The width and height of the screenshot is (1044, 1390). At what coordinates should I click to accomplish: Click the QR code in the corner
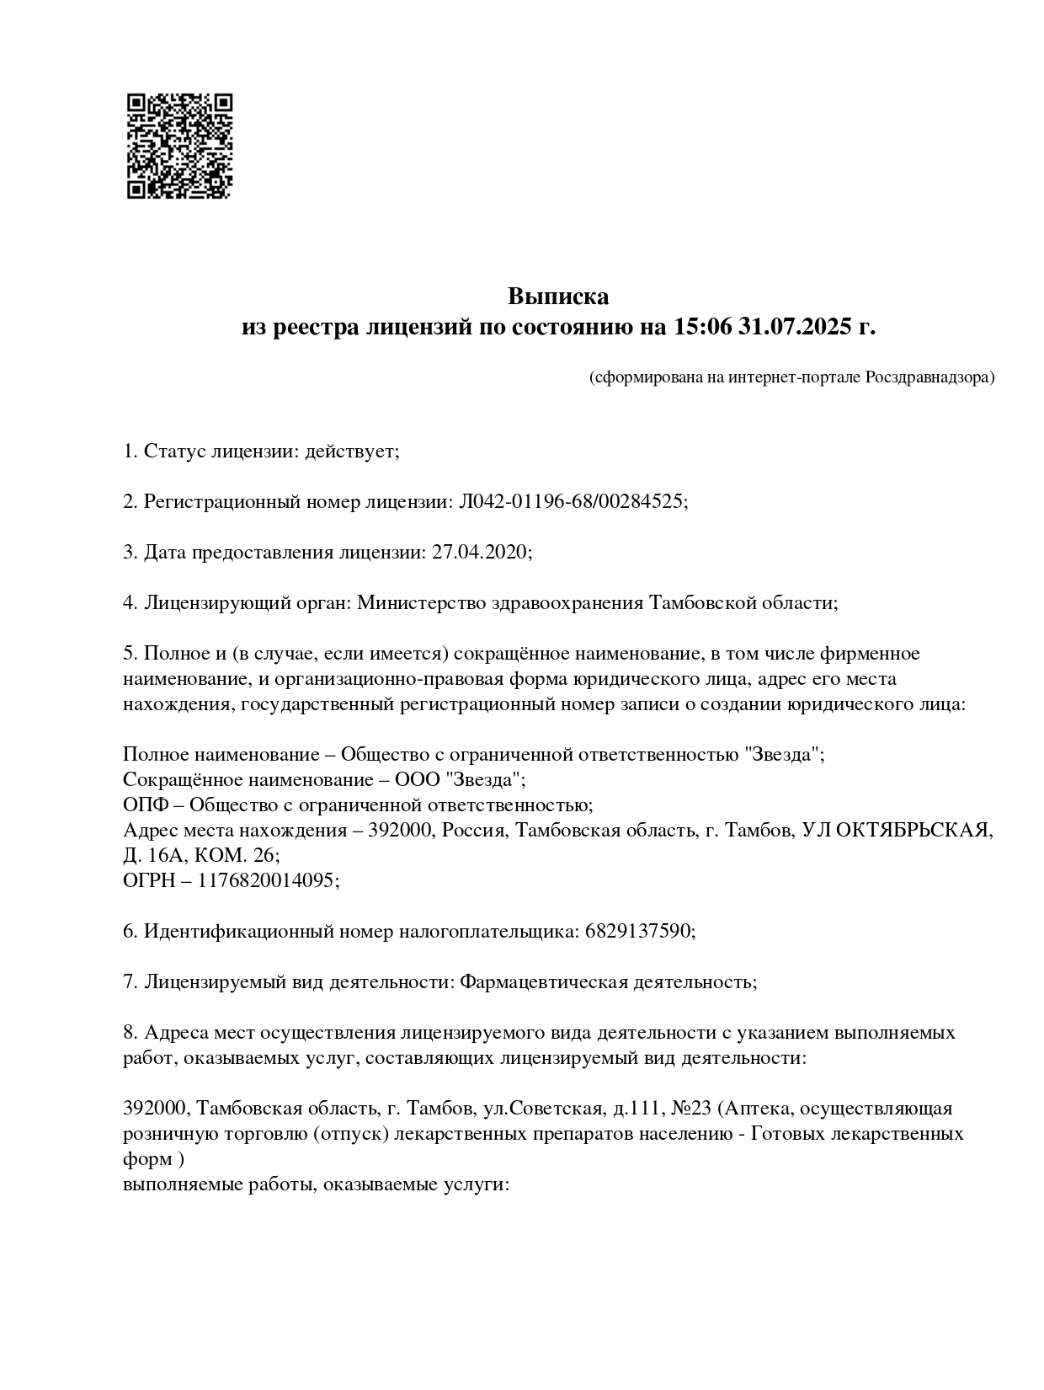click(x=179, y=145)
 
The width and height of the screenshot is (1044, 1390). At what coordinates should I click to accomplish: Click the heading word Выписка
click(x=557, y=297)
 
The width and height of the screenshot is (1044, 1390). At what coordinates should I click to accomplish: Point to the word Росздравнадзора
click(x=929, y=377)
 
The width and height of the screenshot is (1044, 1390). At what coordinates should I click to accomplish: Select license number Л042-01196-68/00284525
click(x=571, y=502)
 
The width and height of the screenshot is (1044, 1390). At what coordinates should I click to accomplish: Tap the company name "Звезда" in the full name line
click(x=782, y=755)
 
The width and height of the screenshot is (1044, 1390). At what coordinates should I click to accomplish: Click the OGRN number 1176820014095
click(x=266, y=880)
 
